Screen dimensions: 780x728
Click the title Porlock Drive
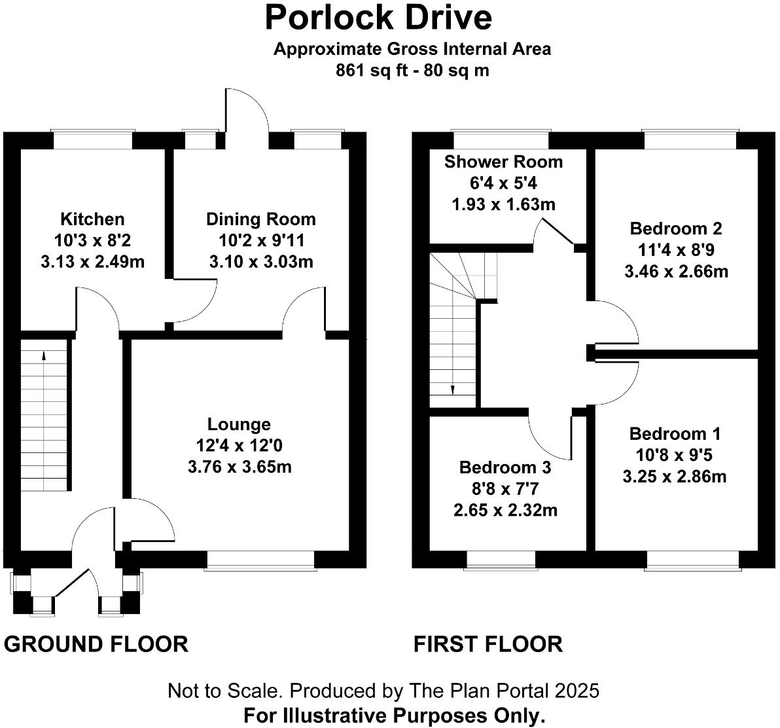pos(378,18)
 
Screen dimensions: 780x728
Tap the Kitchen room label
pos(92,219)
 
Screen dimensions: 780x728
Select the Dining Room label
pos(261,219)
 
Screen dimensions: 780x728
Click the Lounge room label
pos(239,424)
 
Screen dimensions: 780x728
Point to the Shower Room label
pos(503,162)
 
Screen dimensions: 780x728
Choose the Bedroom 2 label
pos(676,228)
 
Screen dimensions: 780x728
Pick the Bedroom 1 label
pos(675,433)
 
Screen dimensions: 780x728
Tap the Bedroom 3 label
pos(505,467)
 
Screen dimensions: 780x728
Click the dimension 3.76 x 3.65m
pos(239,467)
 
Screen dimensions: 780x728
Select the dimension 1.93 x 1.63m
pos(503,204)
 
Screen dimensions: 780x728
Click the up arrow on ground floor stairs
pos(44,356)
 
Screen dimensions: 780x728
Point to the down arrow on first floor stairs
pos(453,390)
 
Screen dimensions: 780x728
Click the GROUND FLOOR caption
pos(96,644)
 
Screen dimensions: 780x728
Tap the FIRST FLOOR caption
pos(488,644)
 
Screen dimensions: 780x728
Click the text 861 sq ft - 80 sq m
pos(412,70)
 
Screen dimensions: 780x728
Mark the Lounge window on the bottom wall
pos(260,560)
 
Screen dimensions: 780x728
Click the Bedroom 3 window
pos(501,560)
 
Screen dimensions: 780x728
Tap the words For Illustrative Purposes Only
pos(394,715)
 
